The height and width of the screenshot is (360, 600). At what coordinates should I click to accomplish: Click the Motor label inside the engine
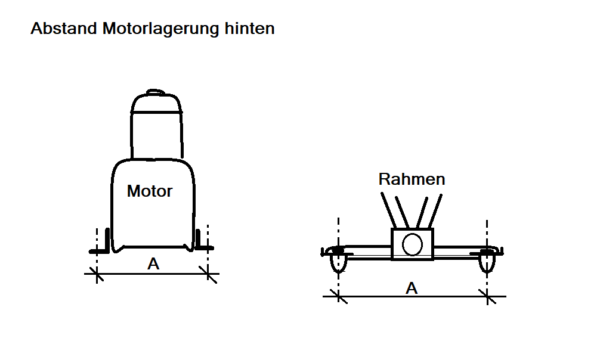pos(150,191)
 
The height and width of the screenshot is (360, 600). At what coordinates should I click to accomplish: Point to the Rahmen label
pos(412,179)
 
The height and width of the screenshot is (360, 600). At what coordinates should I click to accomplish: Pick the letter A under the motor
pos(153,264)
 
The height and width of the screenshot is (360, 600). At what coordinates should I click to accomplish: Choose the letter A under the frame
pos(412,288)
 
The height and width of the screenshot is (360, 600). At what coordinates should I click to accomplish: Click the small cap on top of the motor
pos(155,92)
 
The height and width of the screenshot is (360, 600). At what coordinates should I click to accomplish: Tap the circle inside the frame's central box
pos(412,244)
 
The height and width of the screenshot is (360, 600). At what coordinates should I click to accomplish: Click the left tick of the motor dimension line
pos(97,274)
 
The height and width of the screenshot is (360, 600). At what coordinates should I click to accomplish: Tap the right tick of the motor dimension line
pos(208,274)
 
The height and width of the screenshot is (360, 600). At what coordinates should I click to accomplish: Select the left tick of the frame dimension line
pos(338,296)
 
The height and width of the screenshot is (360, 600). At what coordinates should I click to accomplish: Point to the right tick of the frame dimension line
pos(487,296)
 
